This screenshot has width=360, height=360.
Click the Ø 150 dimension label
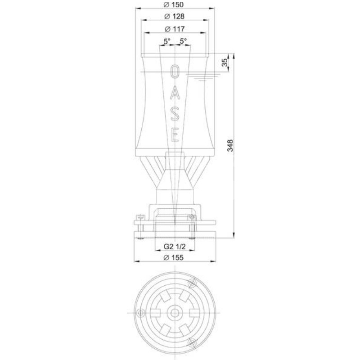click(x=174, y=4)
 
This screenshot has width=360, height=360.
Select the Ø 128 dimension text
click(x=175, y=16)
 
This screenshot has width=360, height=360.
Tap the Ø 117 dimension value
click(x=175, y=29)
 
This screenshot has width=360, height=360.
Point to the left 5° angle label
click(x=167, y=41)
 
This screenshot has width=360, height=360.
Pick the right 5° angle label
click(x=183, y=41)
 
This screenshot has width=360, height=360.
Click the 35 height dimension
click(x=225, y=63)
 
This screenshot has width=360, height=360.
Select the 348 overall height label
click(x=230, y=145)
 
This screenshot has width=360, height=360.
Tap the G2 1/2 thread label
click(x=175, y=247)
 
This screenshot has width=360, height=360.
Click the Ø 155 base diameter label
click(x=174, y=257)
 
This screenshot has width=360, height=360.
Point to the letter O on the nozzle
click(x=175, y=72)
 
